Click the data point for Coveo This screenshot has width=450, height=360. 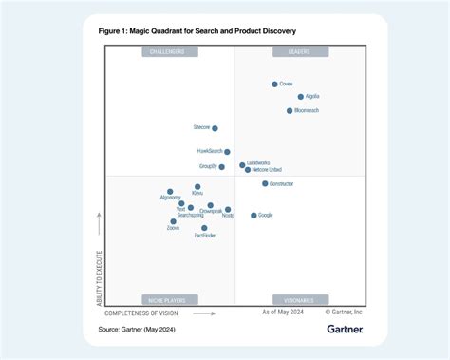274,85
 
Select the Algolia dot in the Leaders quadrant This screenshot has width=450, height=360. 301,97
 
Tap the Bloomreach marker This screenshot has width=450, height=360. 290,111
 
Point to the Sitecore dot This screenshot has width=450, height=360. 215,128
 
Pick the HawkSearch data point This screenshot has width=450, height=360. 227,152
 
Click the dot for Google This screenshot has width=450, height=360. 253,216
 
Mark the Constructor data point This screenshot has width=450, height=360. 265,184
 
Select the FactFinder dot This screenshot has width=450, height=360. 204,228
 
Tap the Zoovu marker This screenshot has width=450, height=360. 174,221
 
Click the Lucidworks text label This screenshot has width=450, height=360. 258,163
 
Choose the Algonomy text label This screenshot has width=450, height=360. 171,198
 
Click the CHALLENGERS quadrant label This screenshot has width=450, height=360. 168,51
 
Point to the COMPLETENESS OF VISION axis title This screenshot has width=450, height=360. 141,313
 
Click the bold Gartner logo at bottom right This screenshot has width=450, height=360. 345,330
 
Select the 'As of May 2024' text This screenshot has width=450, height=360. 282,312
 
